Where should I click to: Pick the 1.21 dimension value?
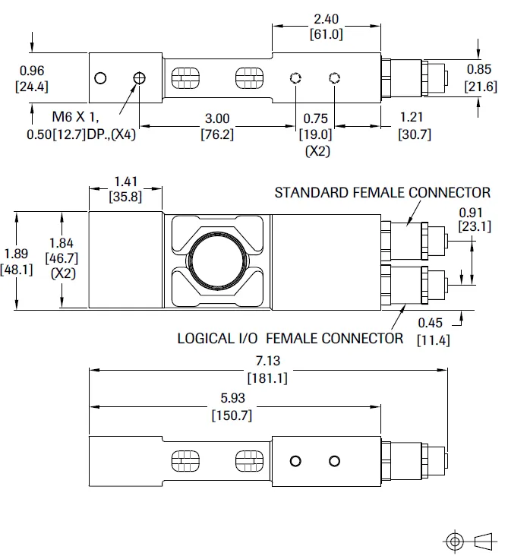click(x=415, y=119)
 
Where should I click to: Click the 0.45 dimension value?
click(x=433, y=324)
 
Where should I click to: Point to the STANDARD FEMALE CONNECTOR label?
click(x=382, y=192)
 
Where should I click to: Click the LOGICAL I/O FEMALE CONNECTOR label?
click(x=290, y=338)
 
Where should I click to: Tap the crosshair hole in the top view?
click(x=139, y=78)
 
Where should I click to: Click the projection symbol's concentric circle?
click(x=455, y=541)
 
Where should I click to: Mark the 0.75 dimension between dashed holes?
click(x=316, y=119)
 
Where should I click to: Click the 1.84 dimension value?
click(x=60, y=242)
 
